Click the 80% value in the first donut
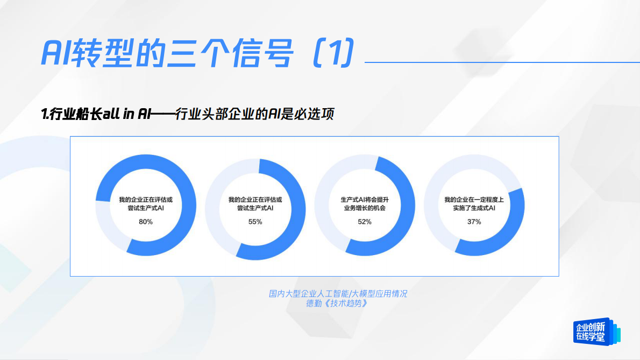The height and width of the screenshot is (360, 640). pos(146,222)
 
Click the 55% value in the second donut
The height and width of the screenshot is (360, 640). pos(255,222)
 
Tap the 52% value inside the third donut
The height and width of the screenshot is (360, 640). pos(365,222)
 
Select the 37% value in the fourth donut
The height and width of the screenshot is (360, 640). pos(474,222)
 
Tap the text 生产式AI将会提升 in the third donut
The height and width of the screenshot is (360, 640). pos(365,200)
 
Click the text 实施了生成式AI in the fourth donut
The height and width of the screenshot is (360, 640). pos(474,208)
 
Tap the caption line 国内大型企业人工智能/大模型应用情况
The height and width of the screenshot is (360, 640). pos(338,294)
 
